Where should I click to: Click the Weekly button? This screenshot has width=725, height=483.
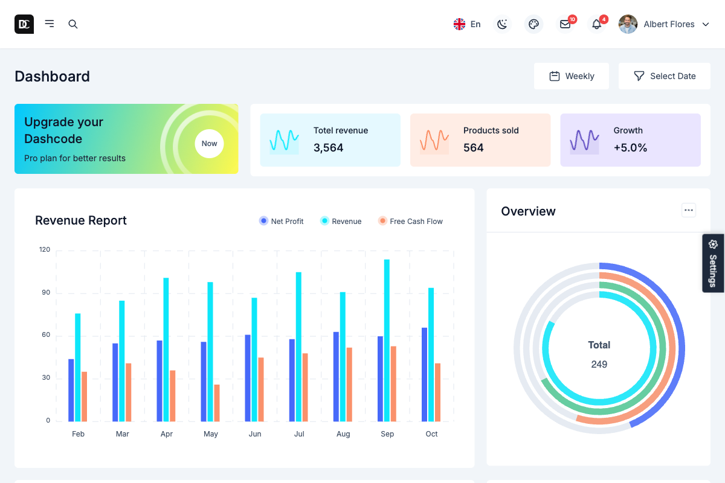[x=572, y=76]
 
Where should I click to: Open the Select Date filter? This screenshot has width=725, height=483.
[x=665, y=76]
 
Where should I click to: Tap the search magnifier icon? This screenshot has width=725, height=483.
[x=73, y=24]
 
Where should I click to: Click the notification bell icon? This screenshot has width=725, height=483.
[x=596, y=24]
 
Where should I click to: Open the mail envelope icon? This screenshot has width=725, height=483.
[x=565, y=24]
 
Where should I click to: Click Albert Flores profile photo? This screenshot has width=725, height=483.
[x=628, y=24]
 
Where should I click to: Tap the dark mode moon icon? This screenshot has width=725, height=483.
[x=502, y=24]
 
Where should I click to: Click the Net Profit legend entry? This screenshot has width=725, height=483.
[x=281, y=222]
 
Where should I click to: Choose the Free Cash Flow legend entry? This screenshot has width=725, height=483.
[x=410, y=222]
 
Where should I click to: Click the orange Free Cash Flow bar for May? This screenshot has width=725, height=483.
[x=217, y=403]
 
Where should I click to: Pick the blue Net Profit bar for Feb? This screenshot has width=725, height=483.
[x=71, y=390]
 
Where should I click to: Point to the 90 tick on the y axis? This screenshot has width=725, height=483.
[x=45, y=293]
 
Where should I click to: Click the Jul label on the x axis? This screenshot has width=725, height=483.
[x=299, y=434]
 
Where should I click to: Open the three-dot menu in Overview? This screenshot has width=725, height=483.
[x=689, y=210]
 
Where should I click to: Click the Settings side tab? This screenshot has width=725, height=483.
[x=713, y=263]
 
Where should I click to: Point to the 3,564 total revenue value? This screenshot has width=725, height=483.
[x=328, y=148]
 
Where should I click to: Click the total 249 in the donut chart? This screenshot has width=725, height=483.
[x=599, y=364]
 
